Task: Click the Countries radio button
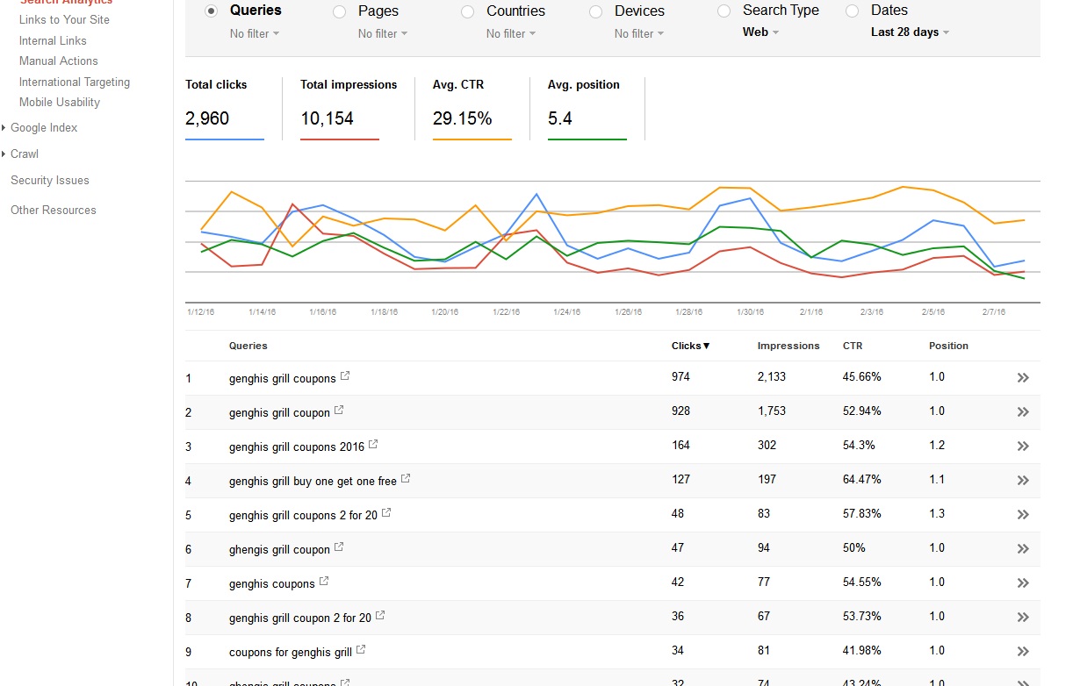coord(468,11)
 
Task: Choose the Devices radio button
coord(596,11)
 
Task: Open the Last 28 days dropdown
coord(910,32)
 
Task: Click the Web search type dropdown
coord(760,32)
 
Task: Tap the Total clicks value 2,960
coord(207,118)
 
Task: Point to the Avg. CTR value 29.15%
coord(462,118)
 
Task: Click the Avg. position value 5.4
coord(560,118)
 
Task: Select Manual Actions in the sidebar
coord(59,61)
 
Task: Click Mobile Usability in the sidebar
coord(60,102)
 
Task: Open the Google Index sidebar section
coord(44,127)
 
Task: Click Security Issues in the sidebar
coord(50,180)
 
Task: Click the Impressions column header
coord(788,346)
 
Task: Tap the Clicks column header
coord(690,346)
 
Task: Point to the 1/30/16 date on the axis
coord(750,312)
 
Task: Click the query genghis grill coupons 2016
coord(296,447)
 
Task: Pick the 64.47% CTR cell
coord(862,480)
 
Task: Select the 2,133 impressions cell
coord(772,377)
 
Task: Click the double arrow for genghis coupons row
coord(1023,583)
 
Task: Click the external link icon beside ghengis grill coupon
coord(339,547)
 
